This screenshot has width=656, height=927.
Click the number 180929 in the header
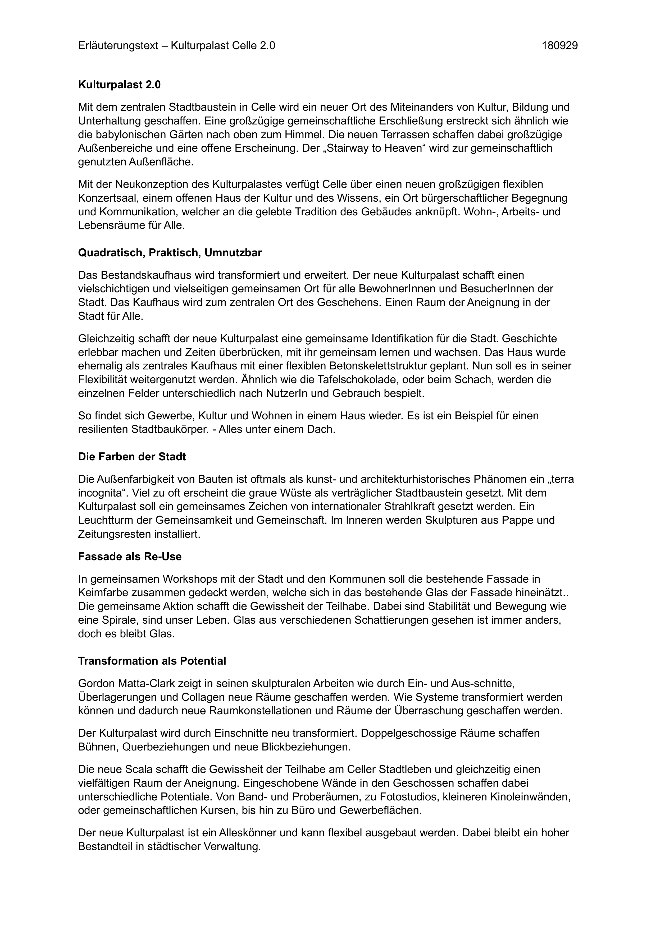tap(559, 46)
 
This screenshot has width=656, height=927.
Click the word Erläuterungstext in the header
tap(118, 46)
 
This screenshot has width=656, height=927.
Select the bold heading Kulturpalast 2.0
tap(119, 85)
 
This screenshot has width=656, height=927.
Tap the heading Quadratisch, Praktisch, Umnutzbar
tap(170, 253)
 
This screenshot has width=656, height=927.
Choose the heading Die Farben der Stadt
tap(132, 457)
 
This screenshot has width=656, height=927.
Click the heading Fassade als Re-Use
tap(130, 557)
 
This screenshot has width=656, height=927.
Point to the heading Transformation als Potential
tap(152, 661)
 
